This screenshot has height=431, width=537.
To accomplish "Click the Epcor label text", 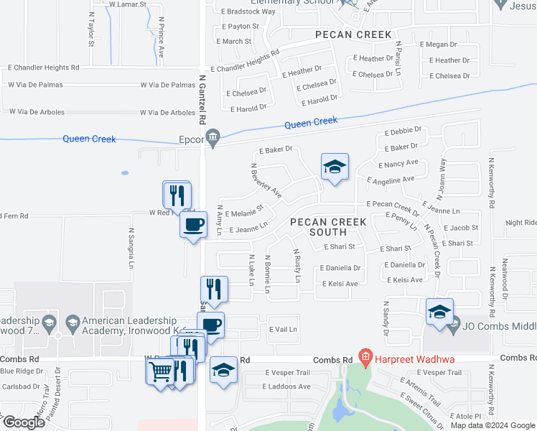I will [192, 140].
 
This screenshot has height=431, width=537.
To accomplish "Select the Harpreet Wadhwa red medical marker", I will [365, 356].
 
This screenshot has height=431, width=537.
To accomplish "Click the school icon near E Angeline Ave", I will [335, 167].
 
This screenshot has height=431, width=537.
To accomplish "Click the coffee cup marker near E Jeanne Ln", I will [192, 225].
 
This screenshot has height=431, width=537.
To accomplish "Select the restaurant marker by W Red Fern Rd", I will [177, 195].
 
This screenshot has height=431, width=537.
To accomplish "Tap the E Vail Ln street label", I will [283, 329].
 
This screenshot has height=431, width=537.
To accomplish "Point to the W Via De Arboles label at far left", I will [37, 112].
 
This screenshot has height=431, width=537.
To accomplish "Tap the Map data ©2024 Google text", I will [492, 425].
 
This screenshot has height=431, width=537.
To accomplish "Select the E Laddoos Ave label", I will [286, 386].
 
